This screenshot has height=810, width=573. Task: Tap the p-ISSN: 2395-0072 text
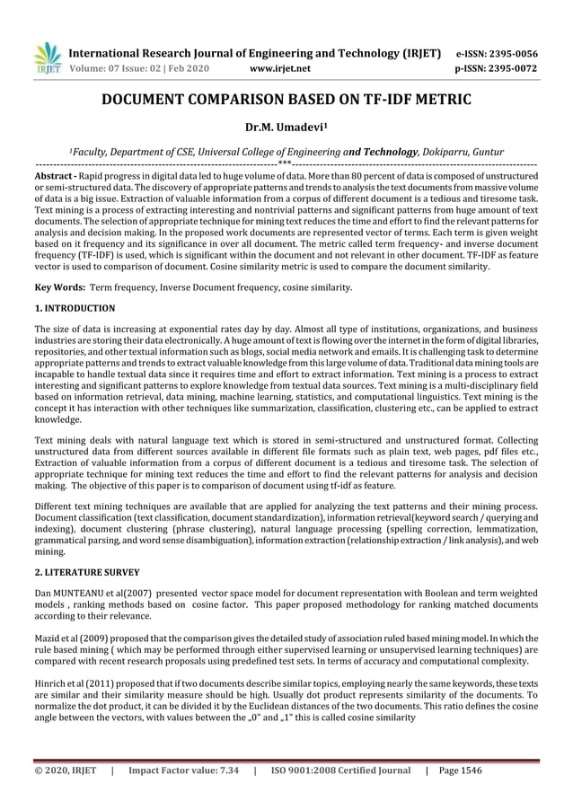click(x=497, y=67)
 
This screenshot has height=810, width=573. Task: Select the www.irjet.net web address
click(x=282, y=67)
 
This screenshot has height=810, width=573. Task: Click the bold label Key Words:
click(x=59, y=287)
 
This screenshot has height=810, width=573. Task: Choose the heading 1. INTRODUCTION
click(x=75, y=309)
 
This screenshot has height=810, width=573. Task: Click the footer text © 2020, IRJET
click(x=64, y=770)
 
